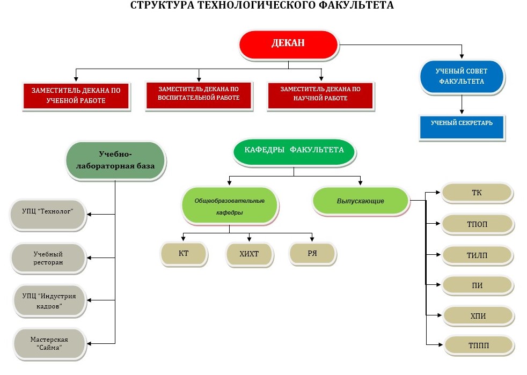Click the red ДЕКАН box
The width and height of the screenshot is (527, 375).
tap(288, 44)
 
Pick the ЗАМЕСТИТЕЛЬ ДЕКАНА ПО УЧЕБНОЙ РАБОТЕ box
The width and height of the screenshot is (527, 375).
tap(76, 95)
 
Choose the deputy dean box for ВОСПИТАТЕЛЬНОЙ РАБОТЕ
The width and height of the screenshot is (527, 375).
tap(199, 94)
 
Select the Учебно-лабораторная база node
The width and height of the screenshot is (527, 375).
tap(115, 160)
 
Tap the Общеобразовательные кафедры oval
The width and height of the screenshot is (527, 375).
tap(230, 205)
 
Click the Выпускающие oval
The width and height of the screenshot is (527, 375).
tap(360, 201)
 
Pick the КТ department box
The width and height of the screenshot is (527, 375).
tap(184, 253)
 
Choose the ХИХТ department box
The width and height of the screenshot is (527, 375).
tap(249, 254)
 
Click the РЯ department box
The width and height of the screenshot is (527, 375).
tap(312, 253)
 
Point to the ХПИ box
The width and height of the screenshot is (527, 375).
tap(477, 315)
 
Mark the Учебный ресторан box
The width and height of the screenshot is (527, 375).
tap(48, 258)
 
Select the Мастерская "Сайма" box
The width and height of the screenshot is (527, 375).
tap(49, 344)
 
